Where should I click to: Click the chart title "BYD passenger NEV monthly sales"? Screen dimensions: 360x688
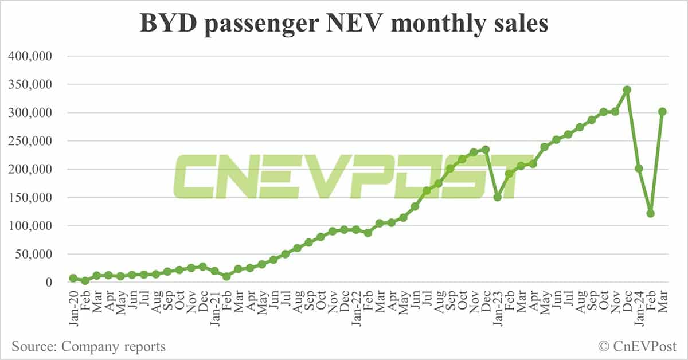pyautogui.click(x=344, y=24)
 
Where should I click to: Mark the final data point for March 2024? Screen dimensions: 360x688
pyautogui.click(x=662, y=112)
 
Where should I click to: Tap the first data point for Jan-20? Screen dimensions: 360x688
pyautogui.click(x=73, y=278)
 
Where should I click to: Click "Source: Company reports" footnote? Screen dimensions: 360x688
pyautogui.click(x=89, y=346)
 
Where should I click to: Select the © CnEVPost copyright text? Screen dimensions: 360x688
pyautogui.click(x=637, y=346)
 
